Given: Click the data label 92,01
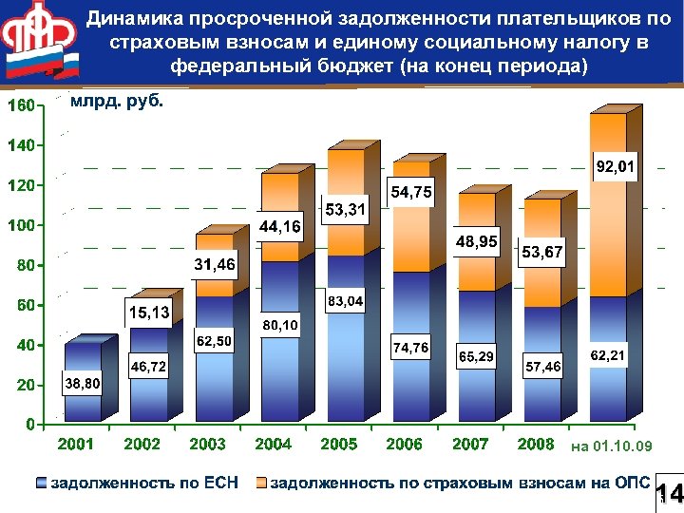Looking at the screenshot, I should click(616, 168).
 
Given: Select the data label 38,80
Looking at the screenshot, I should click(79, 384).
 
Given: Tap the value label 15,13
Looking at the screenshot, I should click(147, 312).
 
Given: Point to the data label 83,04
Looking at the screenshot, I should click(346, 302).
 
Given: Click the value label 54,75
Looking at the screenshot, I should click(410, 193).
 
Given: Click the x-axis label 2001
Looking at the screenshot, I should click(75, 445).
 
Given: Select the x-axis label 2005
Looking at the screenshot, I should click(339, 445).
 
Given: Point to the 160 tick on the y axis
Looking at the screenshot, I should click(18, 104).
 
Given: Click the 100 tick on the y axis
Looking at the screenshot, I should click(18, 226).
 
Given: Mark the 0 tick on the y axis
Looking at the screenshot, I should click(29, 424).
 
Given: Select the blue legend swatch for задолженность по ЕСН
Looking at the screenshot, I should click(40, 483).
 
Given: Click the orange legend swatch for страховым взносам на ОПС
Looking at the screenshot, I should click(261, 483).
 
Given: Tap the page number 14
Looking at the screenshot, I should click(669, 494).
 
